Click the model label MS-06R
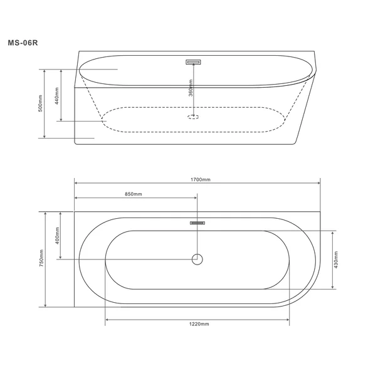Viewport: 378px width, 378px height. pyautogui.click(x=23, y=43)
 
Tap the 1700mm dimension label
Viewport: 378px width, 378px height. pyautogui.click(x=201, y=180)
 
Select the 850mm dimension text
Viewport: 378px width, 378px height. pyautogui.click(x=134, y=194)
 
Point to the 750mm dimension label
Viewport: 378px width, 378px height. pyautogui.click(x=41, y=258)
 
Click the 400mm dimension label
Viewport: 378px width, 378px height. pyautogui.click(x=57, y=236)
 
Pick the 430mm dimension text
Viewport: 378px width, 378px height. pyautogui.click(x=336, y=260)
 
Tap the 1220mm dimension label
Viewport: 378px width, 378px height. pyautogui.click(x=199, y=324)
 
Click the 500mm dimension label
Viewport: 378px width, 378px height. pyautogui.click(x=40, y=103)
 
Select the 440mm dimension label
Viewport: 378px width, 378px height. pyautogui.click(x=56, y=96)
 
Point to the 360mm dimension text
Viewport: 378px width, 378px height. pyautogui.click(x=191, y=88)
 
